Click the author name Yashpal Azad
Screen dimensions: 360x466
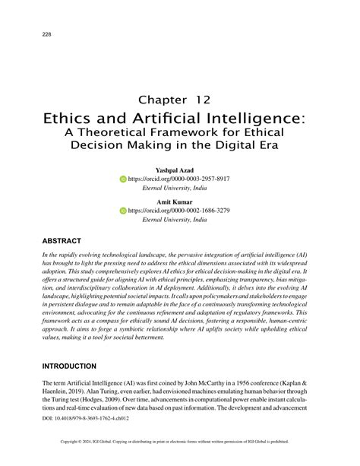pos(174,170)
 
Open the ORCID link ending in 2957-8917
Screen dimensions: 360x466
pos(178,179)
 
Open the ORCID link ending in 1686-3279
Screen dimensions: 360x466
pos(178,210)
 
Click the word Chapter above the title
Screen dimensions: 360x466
pos(163,99)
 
